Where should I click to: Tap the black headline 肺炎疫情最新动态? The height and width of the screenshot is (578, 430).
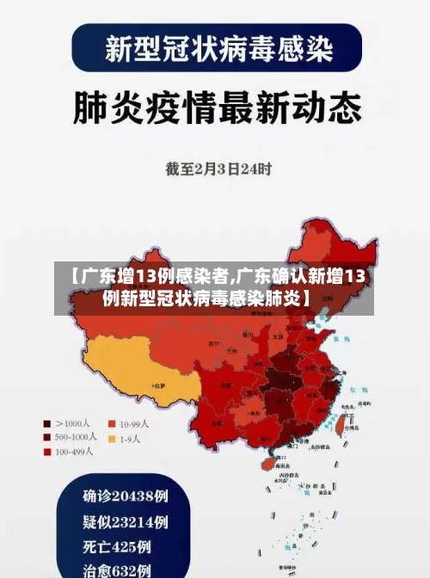coord(215,108)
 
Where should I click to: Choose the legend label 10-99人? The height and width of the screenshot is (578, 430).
coord(134,423)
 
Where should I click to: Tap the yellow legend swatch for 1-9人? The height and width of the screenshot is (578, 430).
coord(112,439)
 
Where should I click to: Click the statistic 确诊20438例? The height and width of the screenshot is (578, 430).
coord(125,496)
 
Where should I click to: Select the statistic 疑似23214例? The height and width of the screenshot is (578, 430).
coord(125,521)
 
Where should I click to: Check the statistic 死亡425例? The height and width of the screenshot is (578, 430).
coord(117,546)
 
